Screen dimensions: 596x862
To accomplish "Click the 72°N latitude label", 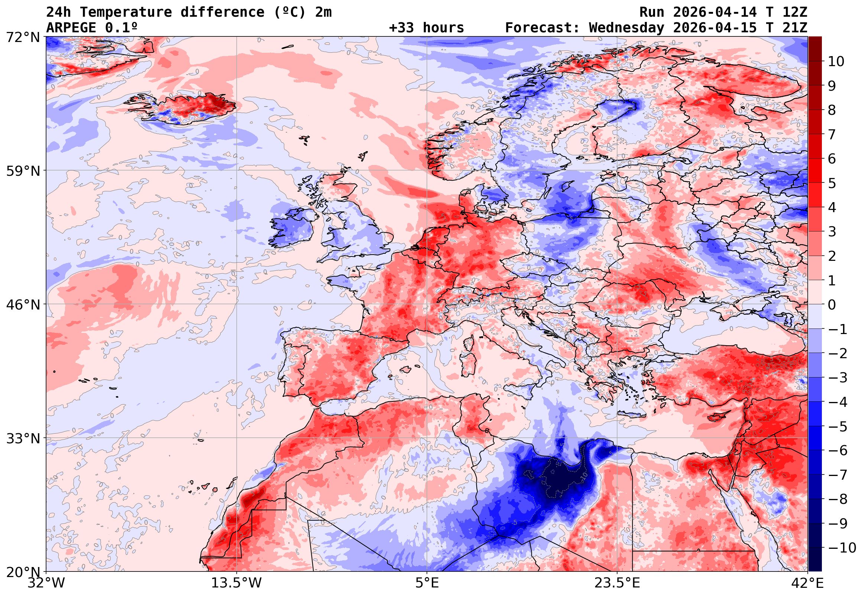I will [23, 38].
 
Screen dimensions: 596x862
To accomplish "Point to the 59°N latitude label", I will [23, 171].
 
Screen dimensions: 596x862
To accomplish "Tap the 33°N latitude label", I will [23, 438].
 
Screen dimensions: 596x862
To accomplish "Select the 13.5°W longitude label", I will [236, 583].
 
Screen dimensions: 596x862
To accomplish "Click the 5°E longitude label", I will [427, 583].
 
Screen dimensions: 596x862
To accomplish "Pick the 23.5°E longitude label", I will [617, 583].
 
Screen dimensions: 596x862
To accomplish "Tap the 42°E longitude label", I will [807, 583].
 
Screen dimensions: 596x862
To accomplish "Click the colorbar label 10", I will [836, 62].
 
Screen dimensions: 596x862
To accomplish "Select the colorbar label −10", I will [842, 548].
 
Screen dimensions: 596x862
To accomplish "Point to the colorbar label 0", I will [832, 305].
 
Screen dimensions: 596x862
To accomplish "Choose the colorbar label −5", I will [838, 427].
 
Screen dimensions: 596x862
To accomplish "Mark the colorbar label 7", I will [832, 135].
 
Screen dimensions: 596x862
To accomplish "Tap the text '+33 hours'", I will [426, 28].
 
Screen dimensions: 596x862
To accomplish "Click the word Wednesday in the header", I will [626, 28].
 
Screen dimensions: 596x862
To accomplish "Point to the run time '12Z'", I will [795, 12].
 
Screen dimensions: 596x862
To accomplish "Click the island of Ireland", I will [293, 228].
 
